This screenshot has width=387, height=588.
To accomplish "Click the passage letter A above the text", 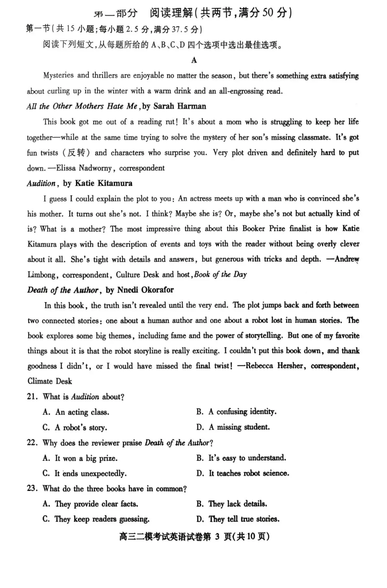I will pyautogui.click(x=194, y=60).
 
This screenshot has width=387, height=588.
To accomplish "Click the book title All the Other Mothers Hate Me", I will pyautogui.click(x=82, y=106).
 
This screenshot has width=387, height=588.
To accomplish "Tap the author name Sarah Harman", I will pyautogui.click(x=180, y=106).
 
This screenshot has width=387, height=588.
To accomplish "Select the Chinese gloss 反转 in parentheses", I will pyautogui.click(x=77, y=153).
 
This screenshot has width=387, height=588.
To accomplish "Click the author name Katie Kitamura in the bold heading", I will pyautogui.click(x=103, y=183).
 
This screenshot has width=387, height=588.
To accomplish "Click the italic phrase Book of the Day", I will pyautogui.click(x=220, y=274).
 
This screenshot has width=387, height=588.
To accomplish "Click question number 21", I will pyautogui.click(x=32, y=397).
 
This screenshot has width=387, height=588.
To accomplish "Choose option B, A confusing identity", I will pyautogui.click(x=236, y=412).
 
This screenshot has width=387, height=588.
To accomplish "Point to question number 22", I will pyautogui.click(x=32, y=443).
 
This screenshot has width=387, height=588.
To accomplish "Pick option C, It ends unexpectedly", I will pyautogui.click(x=85, y=473).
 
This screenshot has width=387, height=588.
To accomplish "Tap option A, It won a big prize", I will pyautogui.click(x=80, y=458).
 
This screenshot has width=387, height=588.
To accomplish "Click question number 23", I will pyautogui.click(x=32, y=489).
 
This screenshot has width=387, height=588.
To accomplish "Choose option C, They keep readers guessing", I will pyautogui.click(x=96, y=519).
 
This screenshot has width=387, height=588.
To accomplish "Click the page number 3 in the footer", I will pyautogui.click(x=217, y=537).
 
